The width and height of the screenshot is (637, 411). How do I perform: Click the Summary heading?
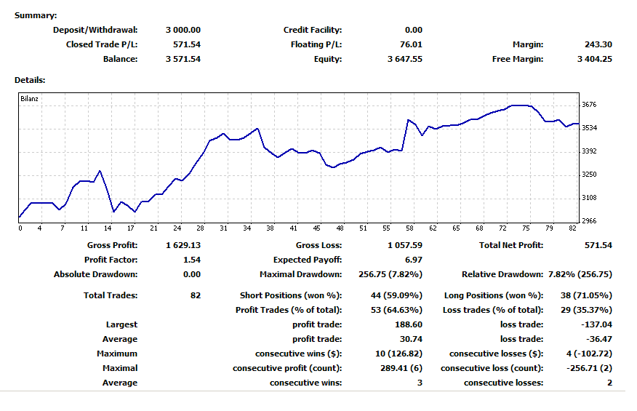[36, 15]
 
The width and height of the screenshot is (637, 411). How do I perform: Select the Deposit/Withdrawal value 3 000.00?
[183, 30]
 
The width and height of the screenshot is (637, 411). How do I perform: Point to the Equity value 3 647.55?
[404, 59]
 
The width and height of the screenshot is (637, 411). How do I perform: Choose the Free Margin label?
[517, 59]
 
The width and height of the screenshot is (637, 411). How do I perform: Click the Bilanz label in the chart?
[30, 98]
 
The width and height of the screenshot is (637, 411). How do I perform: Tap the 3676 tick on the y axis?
[589, 105]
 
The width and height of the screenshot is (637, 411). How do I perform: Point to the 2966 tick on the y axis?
[589, 220]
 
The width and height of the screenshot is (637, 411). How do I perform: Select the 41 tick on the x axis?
[293, 228]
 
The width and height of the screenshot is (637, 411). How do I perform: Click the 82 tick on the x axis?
[572, 228]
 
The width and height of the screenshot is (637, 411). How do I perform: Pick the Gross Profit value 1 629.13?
[183, 245]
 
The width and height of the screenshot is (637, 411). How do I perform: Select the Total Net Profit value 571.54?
[598, 245]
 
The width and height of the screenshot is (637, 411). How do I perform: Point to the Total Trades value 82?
[194, 295]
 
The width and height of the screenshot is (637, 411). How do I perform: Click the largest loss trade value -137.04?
[596, 324]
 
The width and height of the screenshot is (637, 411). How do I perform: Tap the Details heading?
[30, 79]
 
